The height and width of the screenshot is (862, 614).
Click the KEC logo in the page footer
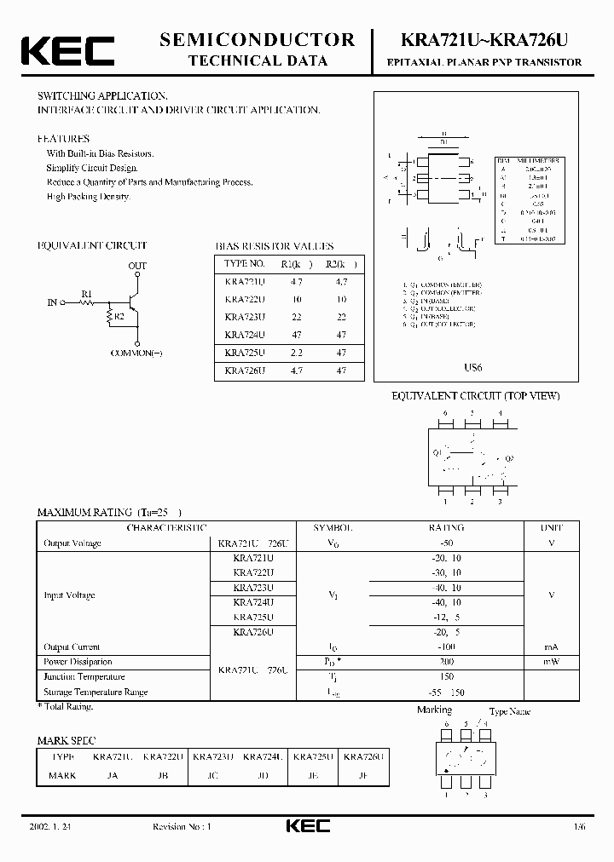point(307,825)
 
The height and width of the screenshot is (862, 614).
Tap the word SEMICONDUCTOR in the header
point(258,39)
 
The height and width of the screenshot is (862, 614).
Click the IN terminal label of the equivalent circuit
point(52,302)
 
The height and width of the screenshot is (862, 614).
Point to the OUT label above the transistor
point(136,267)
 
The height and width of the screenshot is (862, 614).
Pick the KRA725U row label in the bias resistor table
point(245,353)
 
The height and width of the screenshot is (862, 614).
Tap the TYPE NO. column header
point(245,263)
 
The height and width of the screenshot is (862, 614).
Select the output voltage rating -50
point(445,543)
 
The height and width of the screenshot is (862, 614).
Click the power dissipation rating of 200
point(445,661)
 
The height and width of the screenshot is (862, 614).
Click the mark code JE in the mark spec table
point(314,775)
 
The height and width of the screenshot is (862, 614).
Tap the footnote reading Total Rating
point(66,706)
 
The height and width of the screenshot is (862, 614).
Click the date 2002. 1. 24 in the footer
point(58,826)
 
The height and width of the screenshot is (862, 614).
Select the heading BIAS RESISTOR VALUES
point(274,246)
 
